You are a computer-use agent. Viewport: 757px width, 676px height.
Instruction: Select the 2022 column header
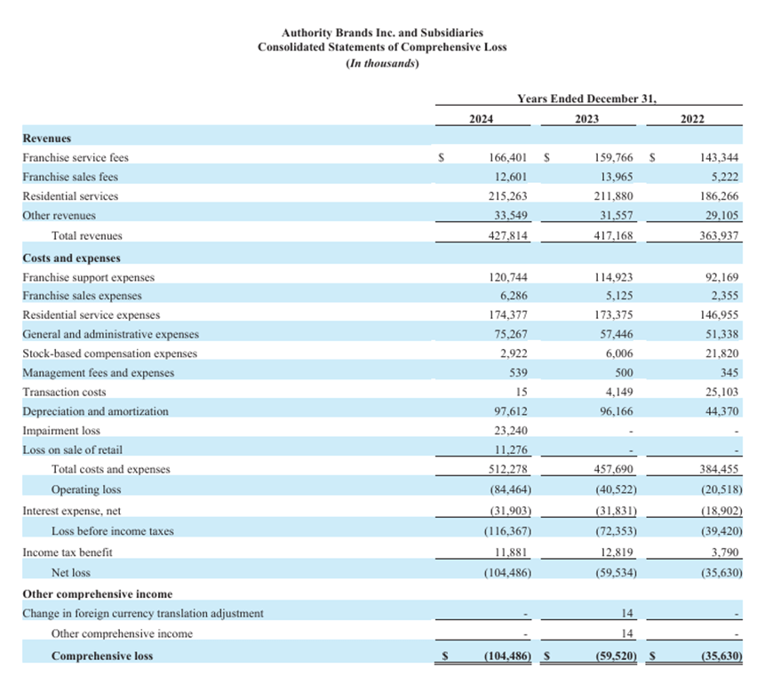[692, 119]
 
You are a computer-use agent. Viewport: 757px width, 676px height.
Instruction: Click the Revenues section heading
[47, 139]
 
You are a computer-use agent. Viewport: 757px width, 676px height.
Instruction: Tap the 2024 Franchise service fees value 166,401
[510, 157]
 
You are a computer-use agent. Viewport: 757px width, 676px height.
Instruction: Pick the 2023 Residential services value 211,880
[614, 196]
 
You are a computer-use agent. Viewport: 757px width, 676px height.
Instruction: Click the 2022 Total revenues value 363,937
[720, 236]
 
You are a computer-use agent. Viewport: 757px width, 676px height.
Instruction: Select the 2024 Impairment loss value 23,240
[513, 431]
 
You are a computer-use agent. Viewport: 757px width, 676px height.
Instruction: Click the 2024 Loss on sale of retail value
[513, 450]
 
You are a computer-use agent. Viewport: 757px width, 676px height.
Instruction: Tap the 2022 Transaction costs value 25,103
[722, 392]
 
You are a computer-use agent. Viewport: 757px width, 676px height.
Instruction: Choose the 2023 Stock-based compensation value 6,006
[618, 353]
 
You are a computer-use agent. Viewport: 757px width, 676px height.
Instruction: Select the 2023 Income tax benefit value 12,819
[615, 552]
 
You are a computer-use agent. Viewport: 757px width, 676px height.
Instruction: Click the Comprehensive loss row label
[101, 656]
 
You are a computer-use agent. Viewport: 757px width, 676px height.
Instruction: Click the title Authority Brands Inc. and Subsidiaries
[382, 32]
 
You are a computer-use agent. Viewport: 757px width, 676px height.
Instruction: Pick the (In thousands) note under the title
[382, 63]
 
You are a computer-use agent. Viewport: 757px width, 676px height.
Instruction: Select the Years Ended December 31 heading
[586, 99]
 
